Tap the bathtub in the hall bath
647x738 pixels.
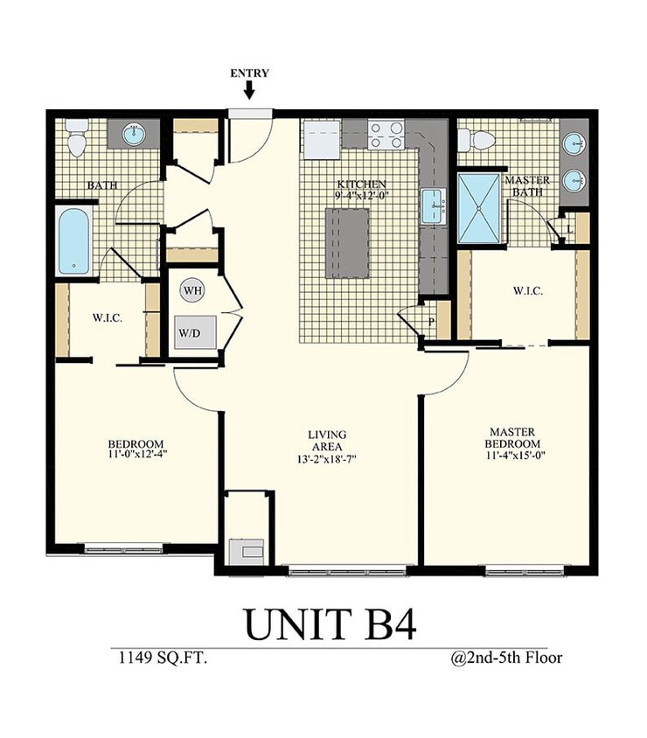coord(74,240)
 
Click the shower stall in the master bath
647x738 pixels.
coord(479,208)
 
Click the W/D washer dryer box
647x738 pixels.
coord(194,332)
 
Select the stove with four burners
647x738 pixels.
coord(386,135)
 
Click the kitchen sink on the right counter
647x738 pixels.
coord(433,206)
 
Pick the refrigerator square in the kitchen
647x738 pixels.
coord(321,141)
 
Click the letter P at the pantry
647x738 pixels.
coord(431,322)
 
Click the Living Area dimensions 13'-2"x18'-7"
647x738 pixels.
coord(327,458)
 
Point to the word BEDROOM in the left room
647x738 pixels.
coord(136,443)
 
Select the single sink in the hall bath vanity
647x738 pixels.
coord(133,135)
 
